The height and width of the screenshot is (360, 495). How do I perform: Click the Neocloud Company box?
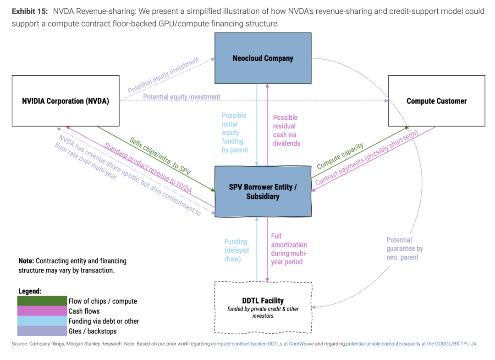click(x=263, y=58)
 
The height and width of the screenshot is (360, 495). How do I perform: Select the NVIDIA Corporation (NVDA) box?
click(x=66, y=101)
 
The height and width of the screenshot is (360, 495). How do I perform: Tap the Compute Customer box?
click(x=437, y=101)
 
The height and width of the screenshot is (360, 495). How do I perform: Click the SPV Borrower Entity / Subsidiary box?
click(x=263, y=191)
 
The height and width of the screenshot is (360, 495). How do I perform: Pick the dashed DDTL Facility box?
click(x=263, y=307)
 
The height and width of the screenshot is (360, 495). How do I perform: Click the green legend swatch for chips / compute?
click(x=42, y=301)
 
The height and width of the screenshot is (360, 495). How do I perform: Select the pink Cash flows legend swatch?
click(x=42, y=311)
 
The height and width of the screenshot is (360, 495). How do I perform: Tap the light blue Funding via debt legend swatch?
click(x=42, y=321)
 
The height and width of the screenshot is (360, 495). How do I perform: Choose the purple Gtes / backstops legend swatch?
click(x=42, y=331)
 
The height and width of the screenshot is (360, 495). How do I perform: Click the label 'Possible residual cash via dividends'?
click(x=286, y=130)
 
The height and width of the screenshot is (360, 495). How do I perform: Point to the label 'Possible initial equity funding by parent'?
click(x=235, y=133)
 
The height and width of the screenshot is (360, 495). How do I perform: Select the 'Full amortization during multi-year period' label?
click(x=289, y=249)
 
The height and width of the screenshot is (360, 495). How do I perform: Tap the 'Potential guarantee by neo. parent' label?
click(x=405, y=249)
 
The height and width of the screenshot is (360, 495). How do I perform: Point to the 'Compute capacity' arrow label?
click(x=340, y=156)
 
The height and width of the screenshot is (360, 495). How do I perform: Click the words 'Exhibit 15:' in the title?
click(x=30, y=11)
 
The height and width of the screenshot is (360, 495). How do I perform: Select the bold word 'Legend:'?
click(x=30, y=291)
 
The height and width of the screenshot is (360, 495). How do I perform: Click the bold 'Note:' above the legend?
click(x=26, y=261)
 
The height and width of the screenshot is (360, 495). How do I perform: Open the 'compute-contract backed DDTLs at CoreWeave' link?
click(x=262, y=343)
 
